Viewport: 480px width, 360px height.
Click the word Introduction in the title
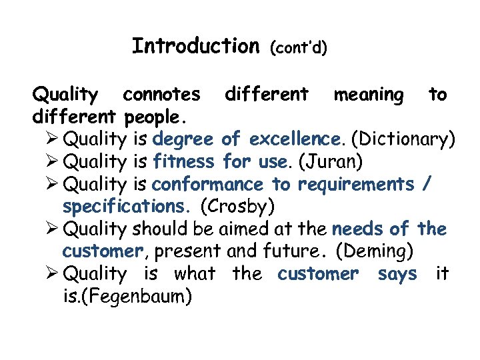tap(195, 46)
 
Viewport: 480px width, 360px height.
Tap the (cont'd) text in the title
tap(298, 48)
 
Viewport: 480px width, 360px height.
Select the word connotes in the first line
tap(161, 95)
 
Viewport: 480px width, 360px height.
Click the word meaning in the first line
tap(368, 95)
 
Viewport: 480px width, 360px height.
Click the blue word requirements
tap(355, 185)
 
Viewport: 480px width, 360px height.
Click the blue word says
tap(397, 274)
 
